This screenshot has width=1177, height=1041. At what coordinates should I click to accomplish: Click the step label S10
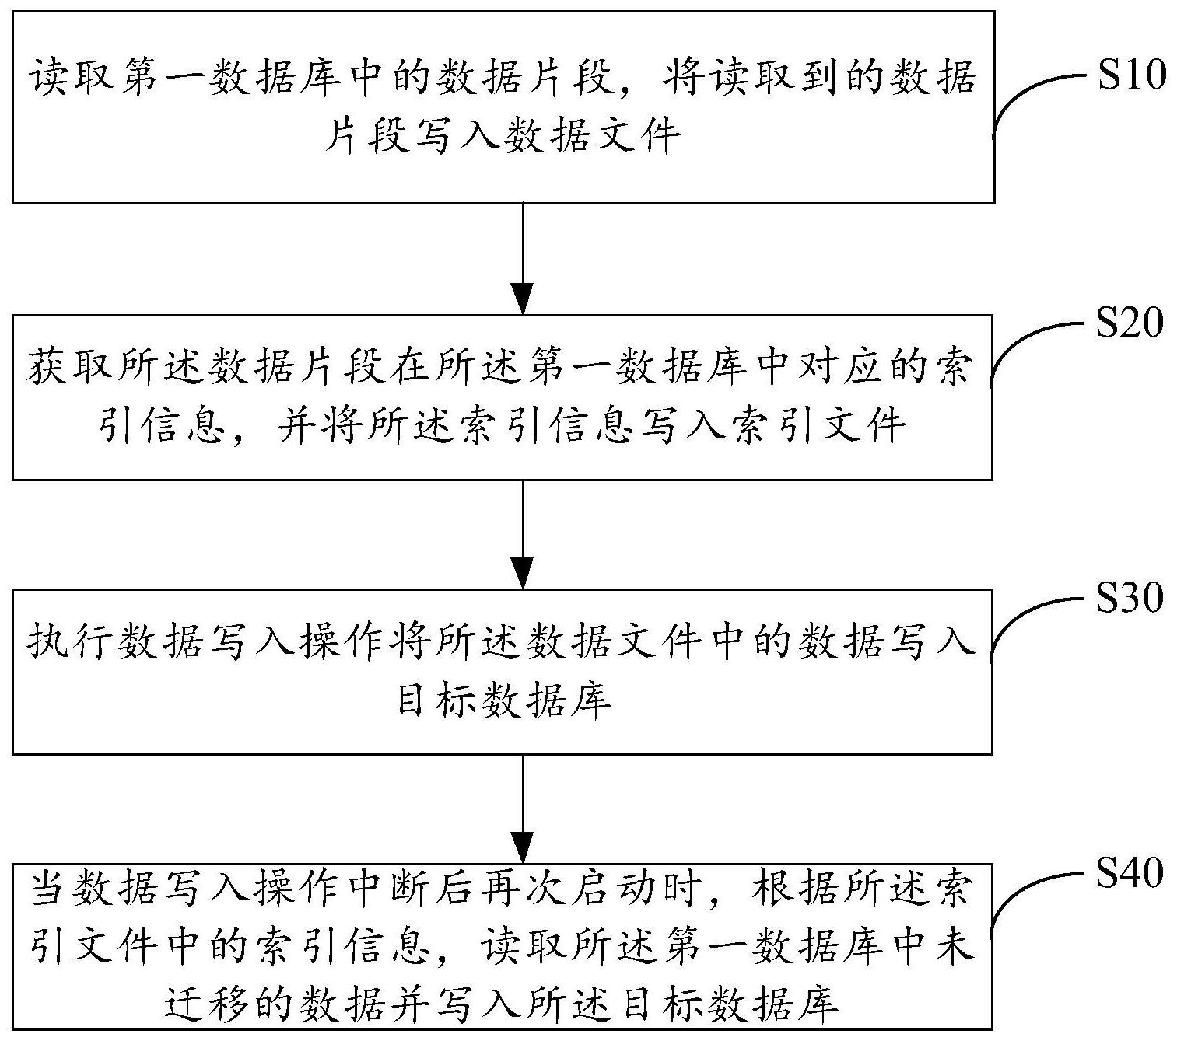tap(1131, 77)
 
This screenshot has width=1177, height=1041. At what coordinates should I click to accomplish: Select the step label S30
tap(1130, 598)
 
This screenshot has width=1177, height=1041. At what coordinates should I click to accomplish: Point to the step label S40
tap(1130, 873)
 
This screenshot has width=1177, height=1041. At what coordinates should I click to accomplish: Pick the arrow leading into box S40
tap(524, 809)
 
